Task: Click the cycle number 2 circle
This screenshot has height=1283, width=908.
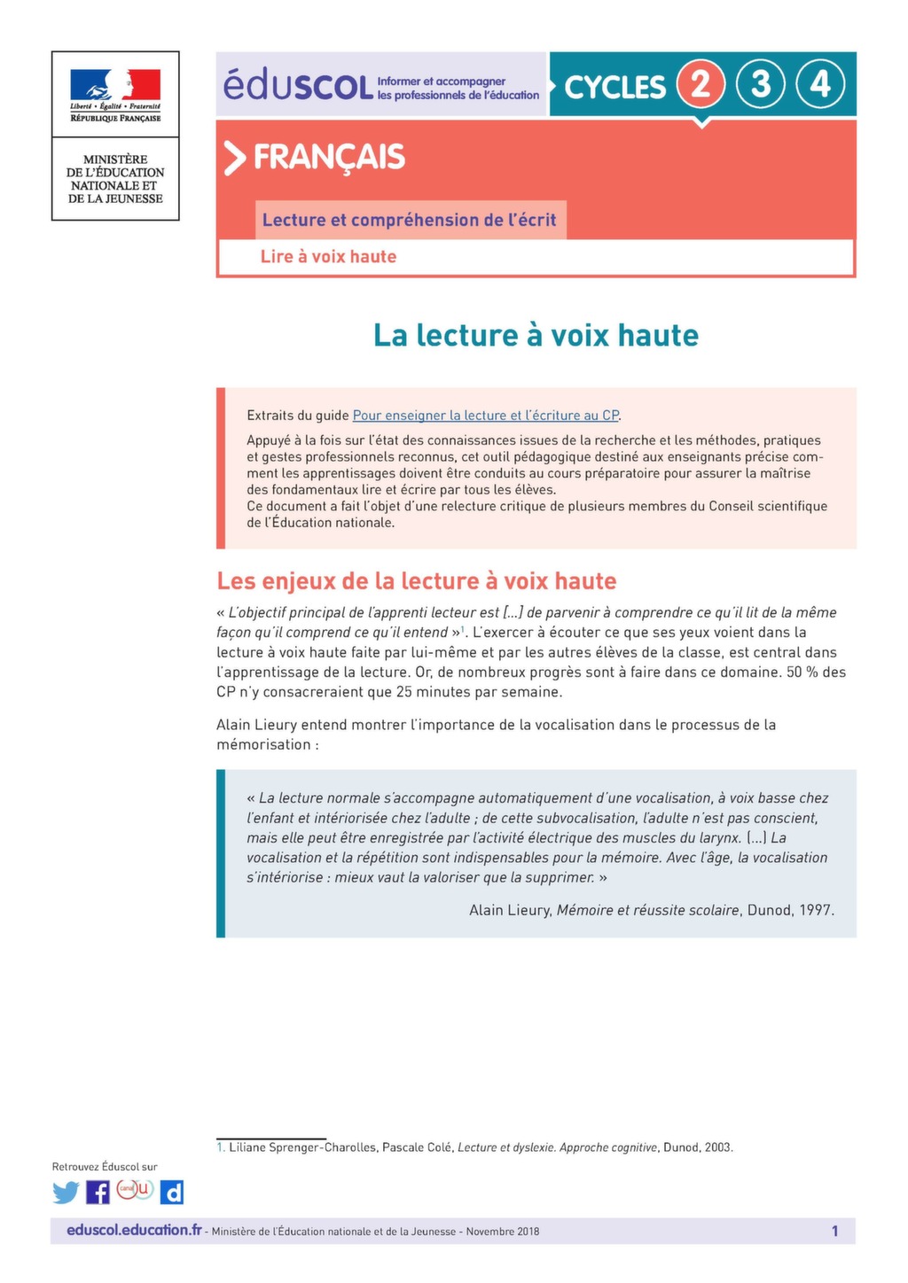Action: coord(701,84)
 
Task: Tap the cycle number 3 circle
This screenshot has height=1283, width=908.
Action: coord(761,84)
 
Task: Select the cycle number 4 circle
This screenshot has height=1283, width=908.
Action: coord(820,84)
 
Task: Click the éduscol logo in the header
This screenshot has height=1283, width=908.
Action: coord(298,85)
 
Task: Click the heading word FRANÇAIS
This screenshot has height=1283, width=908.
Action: coord(329,158)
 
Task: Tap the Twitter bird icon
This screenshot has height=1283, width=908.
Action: coord(66,1193)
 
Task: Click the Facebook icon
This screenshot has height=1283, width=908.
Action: coord(98,1193)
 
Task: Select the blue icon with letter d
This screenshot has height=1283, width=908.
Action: coord(172,1193)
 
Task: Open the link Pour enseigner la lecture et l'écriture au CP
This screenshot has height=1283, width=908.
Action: coord(485,415)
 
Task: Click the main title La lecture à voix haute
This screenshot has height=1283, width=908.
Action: coord(536,335)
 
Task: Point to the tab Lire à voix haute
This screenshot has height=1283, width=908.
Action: coord(328,257)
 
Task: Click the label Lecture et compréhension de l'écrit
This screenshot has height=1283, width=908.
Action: coord(409,220)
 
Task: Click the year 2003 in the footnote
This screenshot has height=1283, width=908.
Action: coord(718,1147)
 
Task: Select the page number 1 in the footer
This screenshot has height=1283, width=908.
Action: coord(834,1231)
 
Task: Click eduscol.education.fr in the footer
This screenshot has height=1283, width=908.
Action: coord(134,1230)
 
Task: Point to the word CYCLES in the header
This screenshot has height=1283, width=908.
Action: coord(614,87)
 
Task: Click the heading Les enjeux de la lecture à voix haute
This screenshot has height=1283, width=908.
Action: coord(417,581)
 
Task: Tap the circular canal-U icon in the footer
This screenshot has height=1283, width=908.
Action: coord(136,1190)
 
